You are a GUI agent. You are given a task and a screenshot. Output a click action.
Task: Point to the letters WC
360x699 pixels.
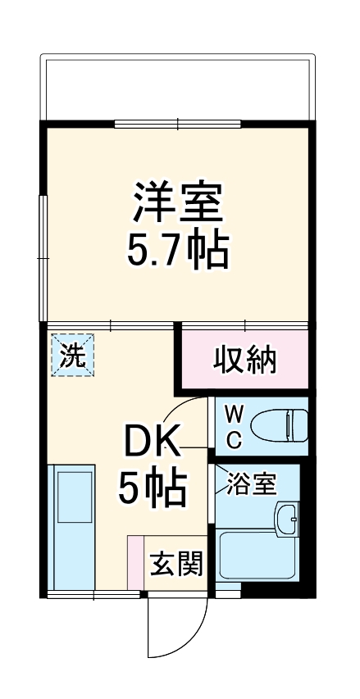tap(234, 424)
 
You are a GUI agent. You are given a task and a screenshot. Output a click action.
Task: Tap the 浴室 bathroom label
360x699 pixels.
tap(252, 484)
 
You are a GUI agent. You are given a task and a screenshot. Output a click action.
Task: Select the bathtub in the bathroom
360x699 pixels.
tap(256, 565)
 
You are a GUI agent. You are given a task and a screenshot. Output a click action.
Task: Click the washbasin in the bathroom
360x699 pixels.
tap(286, 519)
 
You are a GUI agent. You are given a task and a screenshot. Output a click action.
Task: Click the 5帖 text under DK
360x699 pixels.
tap(152, 489)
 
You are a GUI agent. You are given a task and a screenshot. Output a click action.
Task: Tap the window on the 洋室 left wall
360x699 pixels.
tap(43, 257)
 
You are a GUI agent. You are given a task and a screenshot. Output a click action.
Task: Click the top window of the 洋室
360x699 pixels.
tap(177, 124)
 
